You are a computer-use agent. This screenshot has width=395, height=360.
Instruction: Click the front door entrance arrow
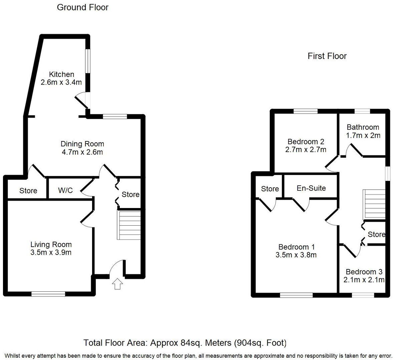point(117,284)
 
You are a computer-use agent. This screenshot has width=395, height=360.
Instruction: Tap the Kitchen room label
point(61,74)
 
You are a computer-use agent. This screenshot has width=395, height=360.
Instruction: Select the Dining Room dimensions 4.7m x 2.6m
point(82,152)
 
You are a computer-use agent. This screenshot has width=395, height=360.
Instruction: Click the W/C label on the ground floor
point(65,190)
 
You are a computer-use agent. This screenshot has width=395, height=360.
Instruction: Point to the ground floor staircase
point(128,225)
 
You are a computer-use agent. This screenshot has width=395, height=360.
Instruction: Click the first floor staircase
point(374,204)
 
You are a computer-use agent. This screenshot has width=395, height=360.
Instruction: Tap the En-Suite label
point(311,188)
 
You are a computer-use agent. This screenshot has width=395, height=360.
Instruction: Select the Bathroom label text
point(363,127)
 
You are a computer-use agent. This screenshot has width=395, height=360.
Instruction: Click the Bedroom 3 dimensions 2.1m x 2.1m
point(364,280)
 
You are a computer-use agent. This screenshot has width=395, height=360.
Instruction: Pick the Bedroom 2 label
point(306,141)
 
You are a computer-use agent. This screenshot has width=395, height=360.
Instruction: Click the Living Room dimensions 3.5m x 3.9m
point(51,252)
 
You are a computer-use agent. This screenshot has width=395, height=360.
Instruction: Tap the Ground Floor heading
point(83,7)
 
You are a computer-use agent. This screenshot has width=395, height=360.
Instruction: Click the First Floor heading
point(327,56)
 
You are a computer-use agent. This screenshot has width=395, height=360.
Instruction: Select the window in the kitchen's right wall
point(87,61)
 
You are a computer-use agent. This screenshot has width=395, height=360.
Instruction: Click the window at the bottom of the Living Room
point(48,294)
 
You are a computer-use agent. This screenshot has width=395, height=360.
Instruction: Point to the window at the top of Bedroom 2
point(306,112)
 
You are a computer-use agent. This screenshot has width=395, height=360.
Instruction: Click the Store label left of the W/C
point(28,191)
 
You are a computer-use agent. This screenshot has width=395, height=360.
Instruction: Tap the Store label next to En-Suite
point(270,189)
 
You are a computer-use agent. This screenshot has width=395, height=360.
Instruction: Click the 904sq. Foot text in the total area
point(260,343)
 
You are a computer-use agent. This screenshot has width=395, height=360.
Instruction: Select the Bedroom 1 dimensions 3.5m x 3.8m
point(296,255)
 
